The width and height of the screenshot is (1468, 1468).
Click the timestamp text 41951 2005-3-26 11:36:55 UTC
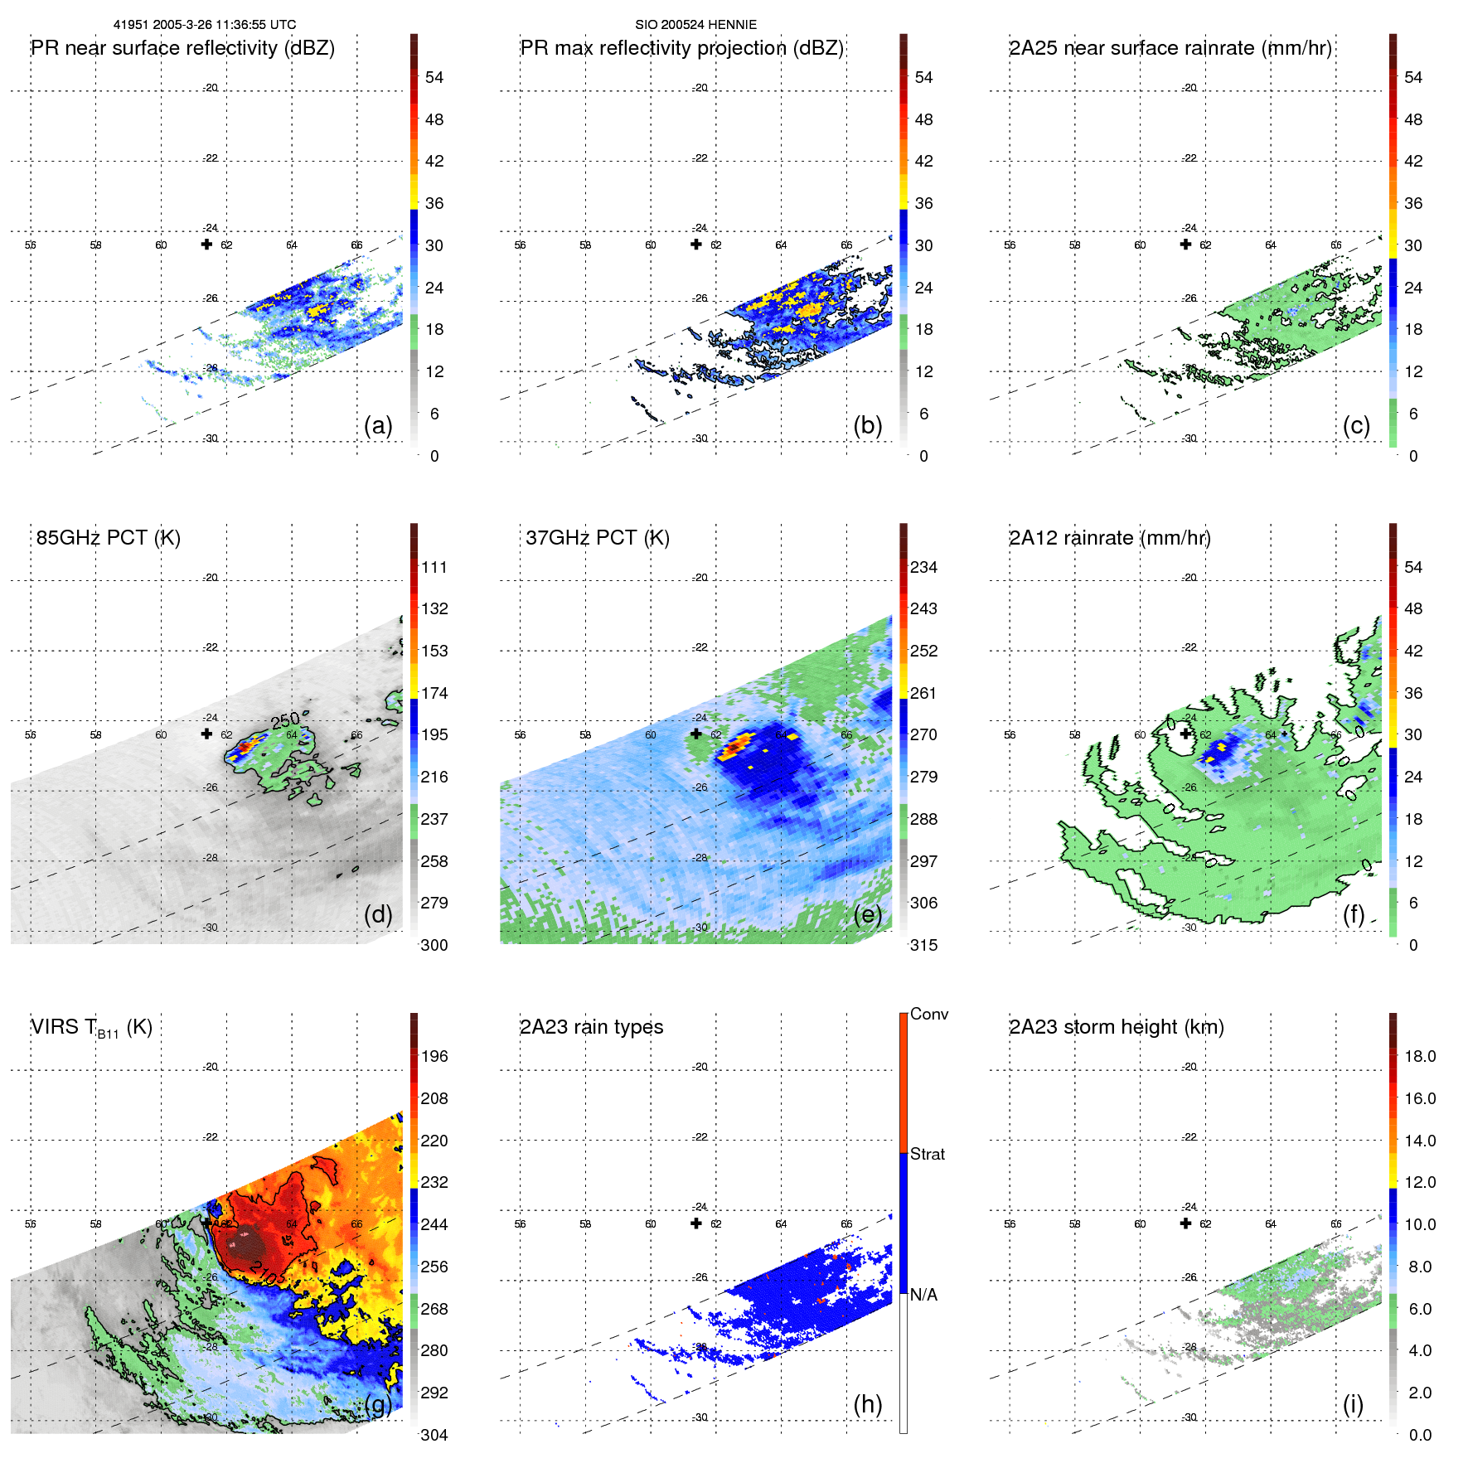pos(205,25)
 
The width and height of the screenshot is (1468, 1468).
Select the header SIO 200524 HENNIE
pos(695,25)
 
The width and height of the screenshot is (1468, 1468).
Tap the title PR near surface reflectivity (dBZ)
pos(182,48)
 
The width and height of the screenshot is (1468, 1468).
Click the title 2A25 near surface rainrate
pos(1170,48)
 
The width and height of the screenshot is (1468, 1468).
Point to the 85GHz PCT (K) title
pos(108,538)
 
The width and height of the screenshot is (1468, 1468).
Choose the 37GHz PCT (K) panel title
pos(597,538)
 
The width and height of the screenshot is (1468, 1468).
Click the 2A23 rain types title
pos(591,1027)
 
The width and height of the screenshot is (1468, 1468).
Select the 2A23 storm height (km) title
pos(1116,1027)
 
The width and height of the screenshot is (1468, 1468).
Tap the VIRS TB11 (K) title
pos(91,1028)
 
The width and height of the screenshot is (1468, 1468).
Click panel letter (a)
pos(378,426)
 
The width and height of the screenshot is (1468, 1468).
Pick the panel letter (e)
pos(868,915)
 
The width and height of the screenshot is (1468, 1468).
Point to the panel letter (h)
pos(868,1404)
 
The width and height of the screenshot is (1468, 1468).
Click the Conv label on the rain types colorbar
pos(928,1014)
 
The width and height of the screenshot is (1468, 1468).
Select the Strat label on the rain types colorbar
pos(927,1154)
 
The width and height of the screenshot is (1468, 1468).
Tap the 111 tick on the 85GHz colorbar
pos(434,567)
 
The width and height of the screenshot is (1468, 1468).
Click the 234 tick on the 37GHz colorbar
pos(923,567)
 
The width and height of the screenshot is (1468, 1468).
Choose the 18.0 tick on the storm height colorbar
pos(1419,1056)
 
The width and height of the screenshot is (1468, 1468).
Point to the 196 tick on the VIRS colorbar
pos(434,1056)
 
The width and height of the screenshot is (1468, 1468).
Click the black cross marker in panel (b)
pos(696,244)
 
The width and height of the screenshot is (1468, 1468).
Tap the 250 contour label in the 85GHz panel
pos(285,720)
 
